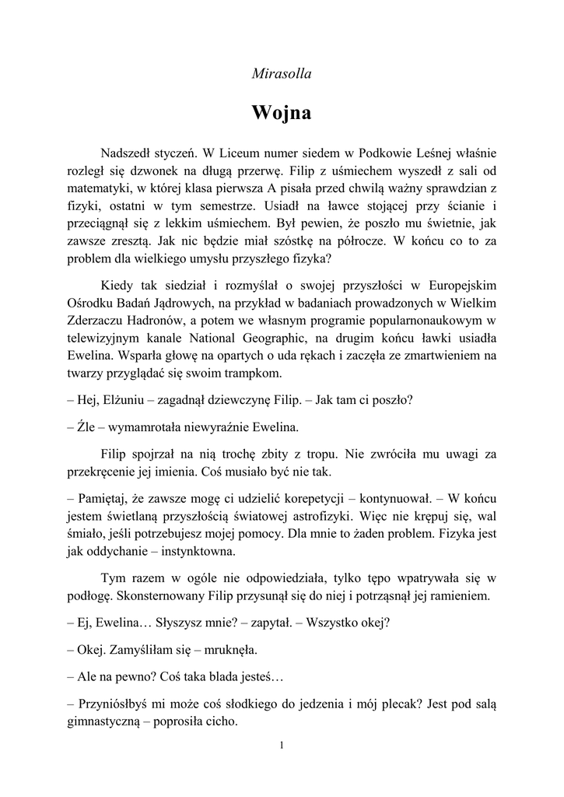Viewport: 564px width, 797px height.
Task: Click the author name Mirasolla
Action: [x=282, y=75]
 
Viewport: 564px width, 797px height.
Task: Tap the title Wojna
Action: [x=282, y=112]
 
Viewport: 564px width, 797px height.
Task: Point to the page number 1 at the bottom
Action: [x=282, y=746]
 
